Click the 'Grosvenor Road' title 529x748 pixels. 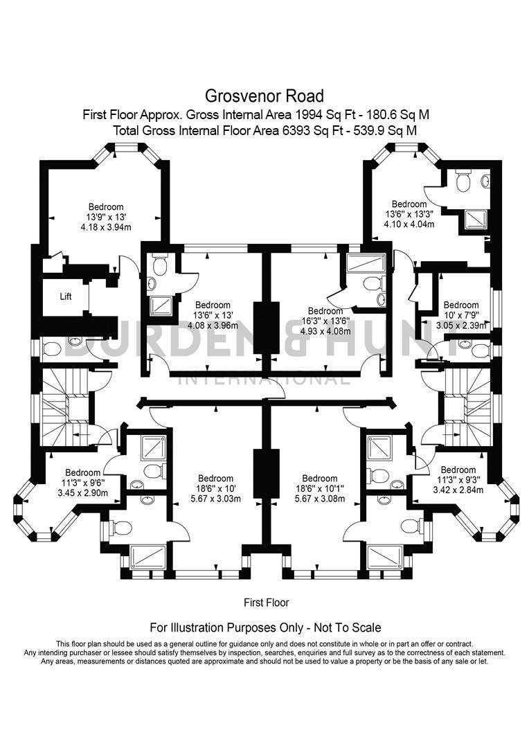264,95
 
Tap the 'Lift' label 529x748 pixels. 66,296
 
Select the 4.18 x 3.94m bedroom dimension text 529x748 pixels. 106,226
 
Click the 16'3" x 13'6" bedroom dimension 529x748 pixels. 325,321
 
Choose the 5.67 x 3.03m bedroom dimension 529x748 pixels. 215,499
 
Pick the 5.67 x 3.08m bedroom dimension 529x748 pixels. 319,499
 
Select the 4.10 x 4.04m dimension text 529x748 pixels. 409,224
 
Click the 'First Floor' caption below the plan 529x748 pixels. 267,603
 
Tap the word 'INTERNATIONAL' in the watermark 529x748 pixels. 264,379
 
